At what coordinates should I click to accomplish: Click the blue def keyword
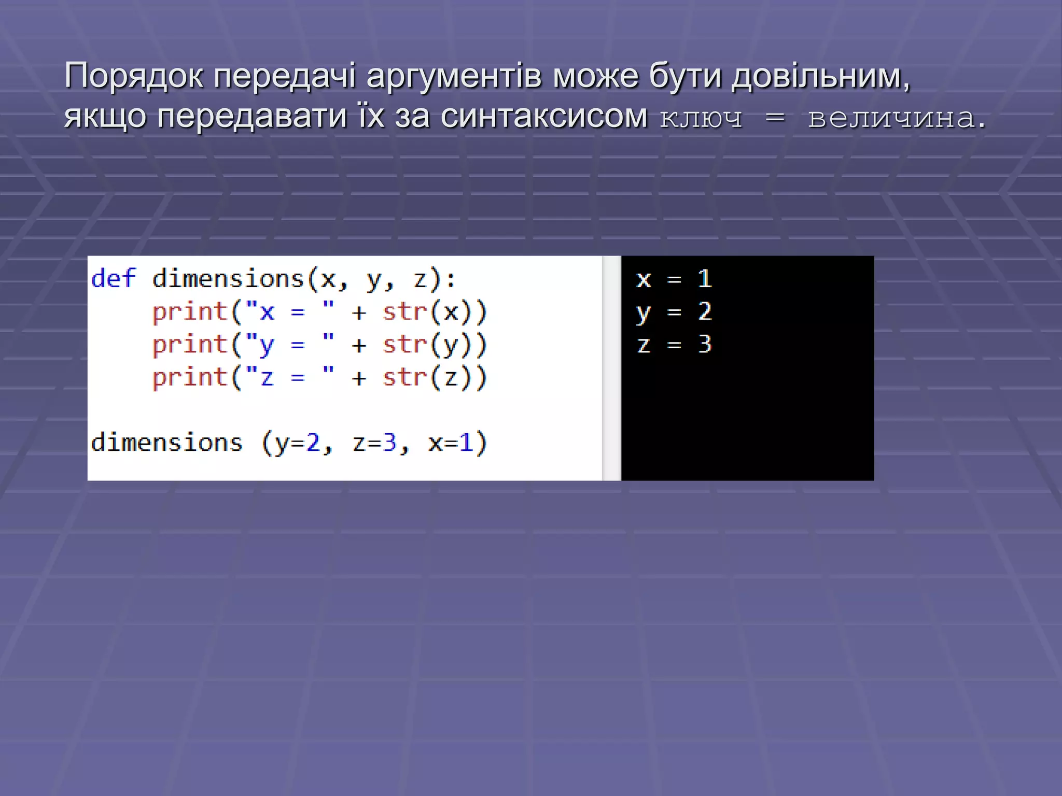click(x=114, y=279)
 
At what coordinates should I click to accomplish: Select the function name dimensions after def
click(x=228, y=279)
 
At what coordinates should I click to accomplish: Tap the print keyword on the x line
click(x=190, y=312)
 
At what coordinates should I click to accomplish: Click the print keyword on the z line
click(x=190, y=377)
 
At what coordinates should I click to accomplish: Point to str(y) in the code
click(x=435, y=345)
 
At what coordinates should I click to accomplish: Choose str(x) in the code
click(x=435, y=312)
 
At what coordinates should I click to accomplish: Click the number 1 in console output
click(x=704, y=279)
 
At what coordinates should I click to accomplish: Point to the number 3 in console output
click(x=704, y=344)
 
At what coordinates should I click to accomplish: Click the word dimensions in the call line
click(x=166, y=443)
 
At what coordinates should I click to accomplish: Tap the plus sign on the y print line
click(x=359, y=346)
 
